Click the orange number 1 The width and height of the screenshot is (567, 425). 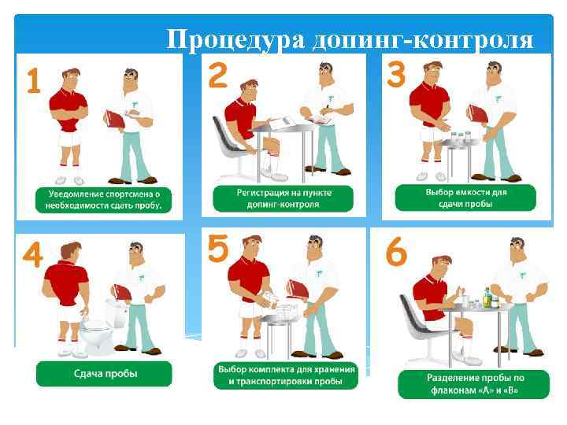(x=32, y=79)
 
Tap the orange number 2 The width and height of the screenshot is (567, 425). (x=217, y=76)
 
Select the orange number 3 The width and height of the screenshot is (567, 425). (x=397, y=76)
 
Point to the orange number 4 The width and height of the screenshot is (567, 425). (x=32, y=256)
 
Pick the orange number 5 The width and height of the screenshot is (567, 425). (x=218, y=250)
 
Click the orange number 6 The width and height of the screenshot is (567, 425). (x=396, y=253)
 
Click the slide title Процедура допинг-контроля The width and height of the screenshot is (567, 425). (x=350, y=39)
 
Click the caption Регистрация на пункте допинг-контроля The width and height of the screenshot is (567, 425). (x=283, y=198)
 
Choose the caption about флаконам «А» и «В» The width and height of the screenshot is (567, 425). (x=465, y=383)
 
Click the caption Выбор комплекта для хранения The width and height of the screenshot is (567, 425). (x=284, y=375)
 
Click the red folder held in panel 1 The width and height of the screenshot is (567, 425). (x=114, y=120)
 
